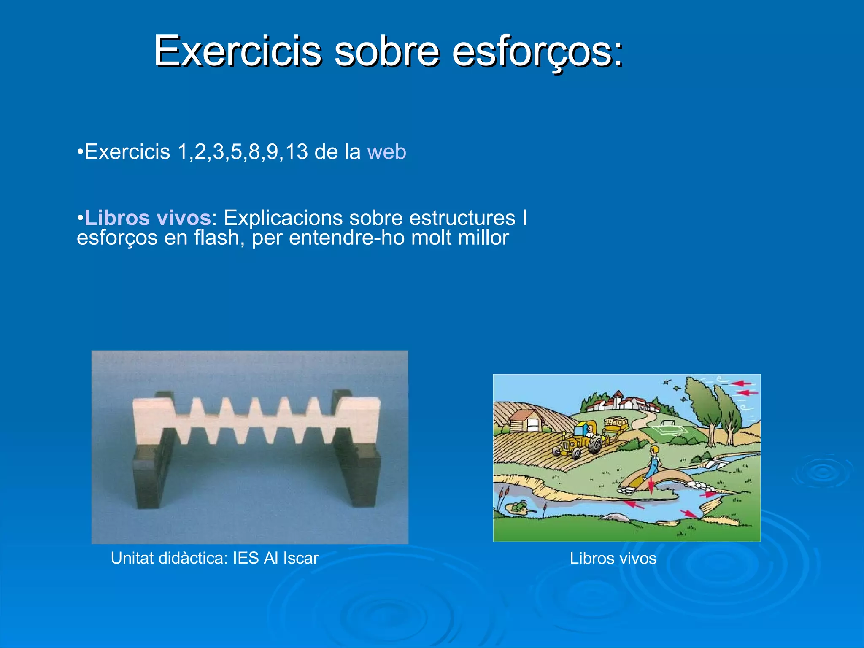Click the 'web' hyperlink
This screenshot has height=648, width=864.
point(386,152)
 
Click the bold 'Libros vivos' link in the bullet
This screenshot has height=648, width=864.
point(148,218)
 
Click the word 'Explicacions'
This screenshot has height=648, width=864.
point(283,218)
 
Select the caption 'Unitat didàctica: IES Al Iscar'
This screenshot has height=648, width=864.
point(214,558)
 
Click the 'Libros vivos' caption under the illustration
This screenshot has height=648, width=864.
point(613,559)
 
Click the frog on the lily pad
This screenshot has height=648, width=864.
point(521,505)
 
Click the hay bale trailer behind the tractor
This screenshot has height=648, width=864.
point(616,424)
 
